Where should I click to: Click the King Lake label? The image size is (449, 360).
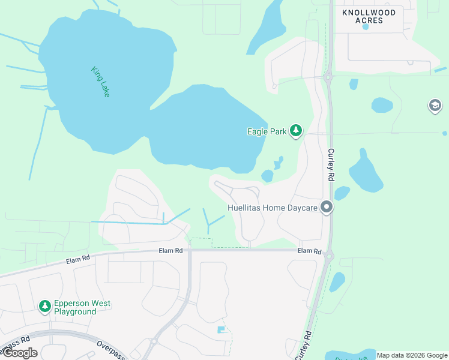tap(101, 82)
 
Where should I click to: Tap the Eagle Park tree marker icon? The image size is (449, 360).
tap(295, 131)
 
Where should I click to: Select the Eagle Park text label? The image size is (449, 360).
tap(267, 131)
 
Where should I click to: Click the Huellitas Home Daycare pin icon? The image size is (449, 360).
tap(327, 208)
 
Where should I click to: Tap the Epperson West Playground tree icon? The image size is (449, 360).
tap(44, 307)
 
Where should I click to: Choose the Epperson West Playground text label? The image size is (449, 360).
tap(82, 308)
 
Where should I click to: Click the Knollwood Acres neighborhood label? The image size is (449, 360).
tap(369, 16)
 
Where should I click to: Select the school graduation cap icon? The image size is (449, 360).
tap(435, 106)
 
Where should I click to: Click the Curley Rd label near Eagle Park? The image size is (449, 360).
tap(331, 166)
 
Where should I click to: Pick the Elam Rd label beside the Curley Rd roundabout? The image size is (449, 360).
tap(309, 251)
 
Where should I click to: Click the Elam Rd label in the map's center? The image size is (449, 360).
tap(170, 250)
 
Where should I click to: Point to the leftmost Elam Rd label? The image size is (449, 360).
tap(77, 259)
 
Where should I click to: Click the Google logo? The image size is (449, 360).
tap(20, 353)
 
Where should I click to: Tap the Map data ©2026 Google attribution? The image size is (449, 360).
tap(411, 355)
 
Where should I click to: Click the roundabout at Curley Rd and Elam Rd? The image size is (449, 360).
tap(328, 256)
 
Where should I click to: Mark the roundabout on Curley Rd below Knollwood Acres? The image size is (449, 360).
tap(328, 77)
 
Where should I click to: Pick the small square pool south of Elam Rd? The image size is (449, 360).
tap(221, 329)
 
